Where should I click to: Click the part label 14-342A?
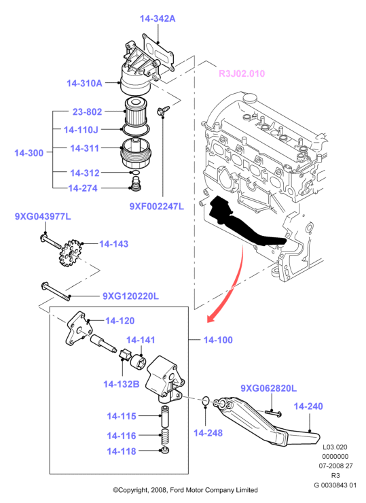coord(158,18)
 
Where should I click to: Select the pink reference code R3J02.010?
coord(242,73)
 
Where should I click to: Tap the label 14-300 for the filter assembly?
coord(29,153)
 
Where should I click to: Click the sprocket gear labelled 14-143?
coord(71,253)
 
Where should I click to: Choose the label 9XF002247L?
coord(157,206)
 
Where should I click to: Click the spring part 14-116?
coord(164,436)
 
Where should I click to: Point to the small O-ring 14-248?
coord(206,401)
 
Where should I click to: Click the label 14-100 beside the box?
coord(218,340)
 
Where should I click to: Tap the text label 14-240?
coord(308,406)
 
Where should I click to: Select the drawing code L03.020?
coord(335,447)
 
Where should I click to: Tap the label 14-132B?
coord(121,383)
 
